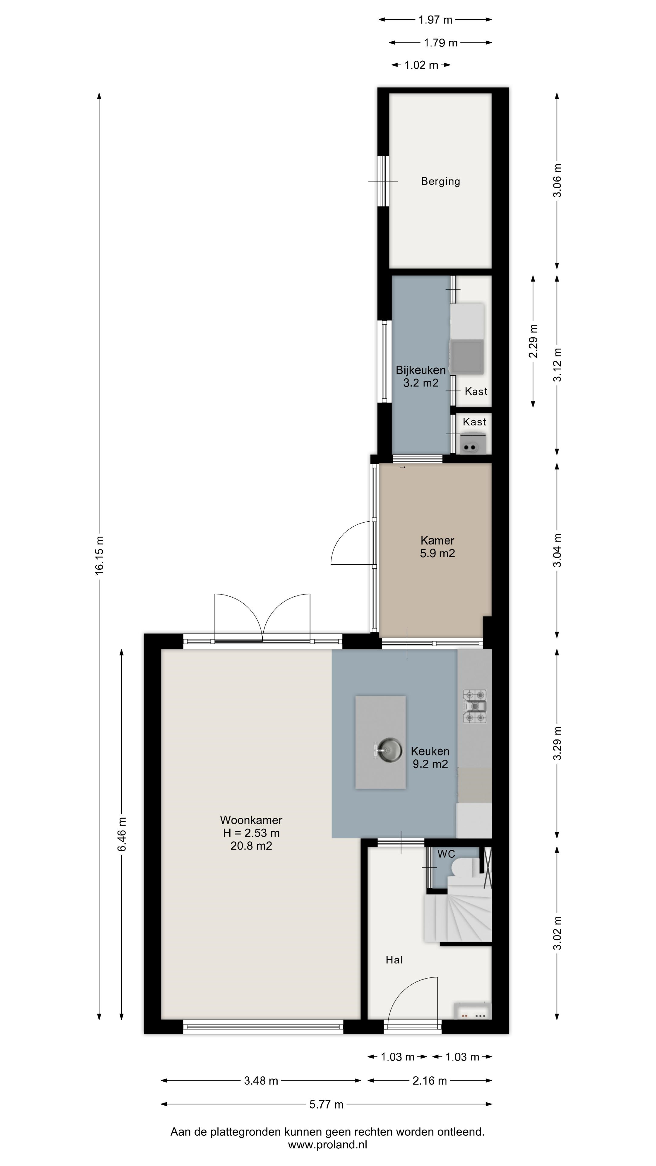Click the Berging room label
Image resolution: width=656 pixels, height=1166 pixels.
click(x=440, y=182)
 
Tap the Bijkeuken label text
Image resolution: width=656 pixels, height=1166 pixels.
click(x=421, y=370)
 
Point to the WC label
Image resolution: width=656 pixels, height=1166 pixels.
click(x=446, y=854)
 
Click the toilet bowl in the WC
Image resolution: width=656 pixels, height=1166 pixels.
click(x=464, y=867)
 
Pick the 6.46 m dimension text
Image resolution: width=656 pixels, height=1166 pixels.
click(x=122, y=834)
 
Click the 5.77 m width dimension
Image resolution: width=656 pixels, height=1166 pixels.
click(x=326, y=1104)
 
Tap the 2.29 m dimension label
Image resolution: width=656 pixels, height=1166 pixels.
click(x=533, y=341)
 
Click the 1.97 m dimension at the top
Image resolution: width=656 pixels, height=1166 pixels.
click(x=435, y=19)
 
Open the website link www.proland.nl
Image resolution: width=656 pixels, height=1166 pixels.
click(x=327, y=1145)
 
